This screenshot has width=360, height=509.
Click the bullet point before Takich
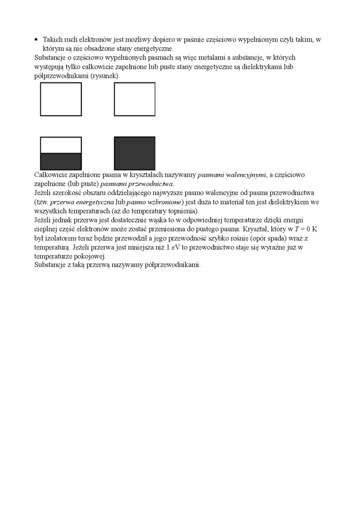[36, 40]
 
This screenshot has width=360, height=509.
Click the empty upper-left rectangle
[61, 99]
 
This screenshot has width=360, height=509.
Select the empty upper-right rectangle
[135, 99]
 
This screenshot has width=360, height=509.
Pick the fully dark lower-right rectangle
[135, 153]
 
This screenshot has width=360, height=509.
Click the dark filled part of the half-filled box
[61, 161]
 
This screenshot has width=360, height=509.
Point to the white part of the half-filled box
[61, 145]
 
